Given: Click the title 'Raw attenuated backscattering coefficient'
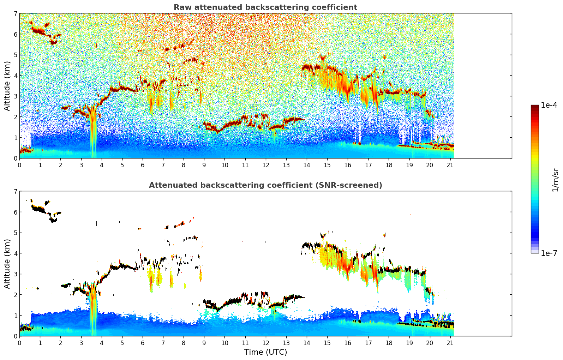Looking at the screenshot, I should [x=265, y=7].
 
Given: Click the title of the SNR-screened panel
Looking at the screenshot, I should [x=265, y=185].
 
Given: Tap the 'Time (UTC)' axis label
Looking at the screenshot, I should [x=265, y=352].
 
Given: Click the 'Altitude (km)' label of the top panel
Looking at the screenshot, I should [x=7, y=86].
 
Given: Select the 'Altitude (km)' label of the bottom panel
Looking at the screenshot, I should [x=7, y=264].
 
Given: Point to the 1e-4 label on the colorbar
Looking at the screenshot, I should [x=549, y=105].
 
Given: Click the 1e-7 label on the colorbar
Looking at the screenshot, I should [x=549, y=253].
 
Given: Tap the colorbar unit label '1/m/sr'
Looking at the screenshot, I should [x=555, y=180].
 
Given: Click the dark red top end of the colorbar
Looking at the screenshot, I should [x=535, y=107].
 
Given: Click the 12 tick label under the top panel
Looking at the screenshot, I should [x=265, y=165].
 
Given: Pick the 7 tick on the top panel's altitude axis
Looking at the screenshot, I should [x=15, y=14].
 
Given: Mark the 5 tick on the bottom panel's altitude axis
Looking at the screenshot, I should [x=15, y=233].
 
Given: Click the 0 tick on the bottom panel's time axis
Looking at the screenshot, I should [x=19, y=343].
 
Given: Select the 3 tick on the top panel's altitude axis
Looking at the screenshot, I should [x=15, y=96].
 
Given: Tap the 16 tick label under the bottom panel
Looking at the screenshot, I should [x=348, y=343].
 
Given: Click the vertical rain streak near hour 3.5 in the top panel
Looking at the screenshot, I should [x=93, y=134].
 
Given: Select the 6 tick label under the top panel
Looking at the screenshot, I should [x=143, y=165].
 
